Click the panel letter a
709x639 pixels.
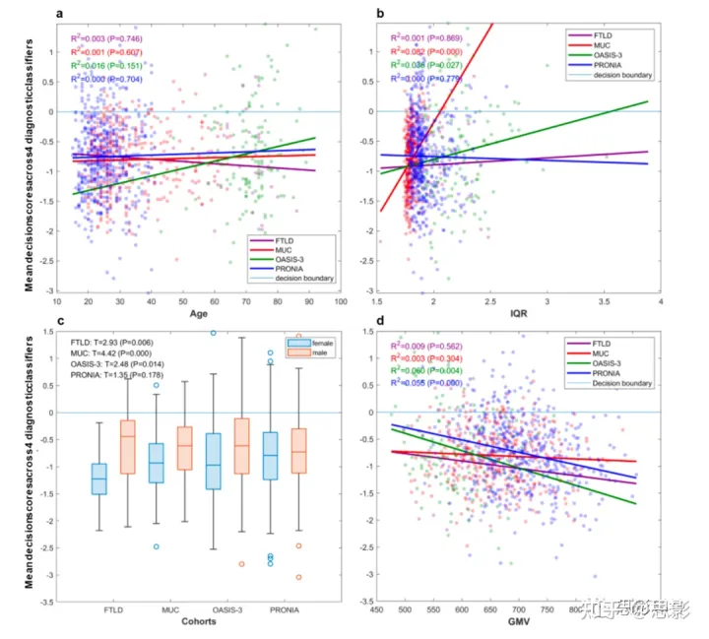point(61,13)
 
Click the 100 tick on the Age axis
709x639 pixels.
point(341,302)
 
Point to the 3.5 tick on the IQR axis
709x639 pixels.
point(604,302)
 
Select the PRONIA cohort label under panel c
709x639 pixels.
point(286,610)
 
